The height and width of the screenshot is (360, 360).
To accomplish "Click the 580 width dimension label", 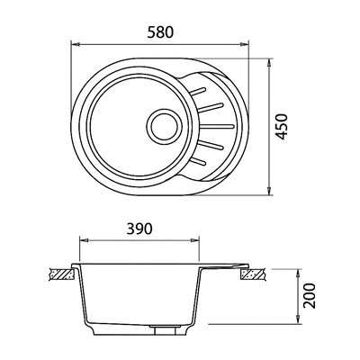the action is pos(160,32).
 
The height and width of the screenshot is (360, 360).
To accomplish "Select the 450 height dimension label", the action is pos(282,126).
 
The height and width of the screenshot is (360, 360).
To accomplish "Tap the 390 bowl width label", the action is pos(139,229).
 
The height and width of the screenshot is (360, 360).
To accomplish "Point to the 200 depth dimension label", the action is pos(310,295).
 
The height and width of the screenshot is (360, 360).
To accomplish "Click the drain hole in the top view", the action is pos(165,126).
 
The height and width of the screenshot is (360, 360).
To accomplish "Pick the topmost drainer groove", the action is pos(198,91).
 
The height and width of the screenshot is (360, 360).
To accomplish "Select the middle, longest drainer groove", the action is pos(217,126).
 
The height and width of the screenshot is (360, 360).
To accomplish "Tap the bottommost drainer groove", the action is pos(199,161).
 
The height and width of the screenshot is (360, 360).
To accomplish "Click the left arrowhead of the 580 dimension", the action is pos(75,45).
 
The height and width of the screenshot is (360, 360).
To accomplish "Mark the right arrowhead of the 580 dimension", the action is pos(245,45).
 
